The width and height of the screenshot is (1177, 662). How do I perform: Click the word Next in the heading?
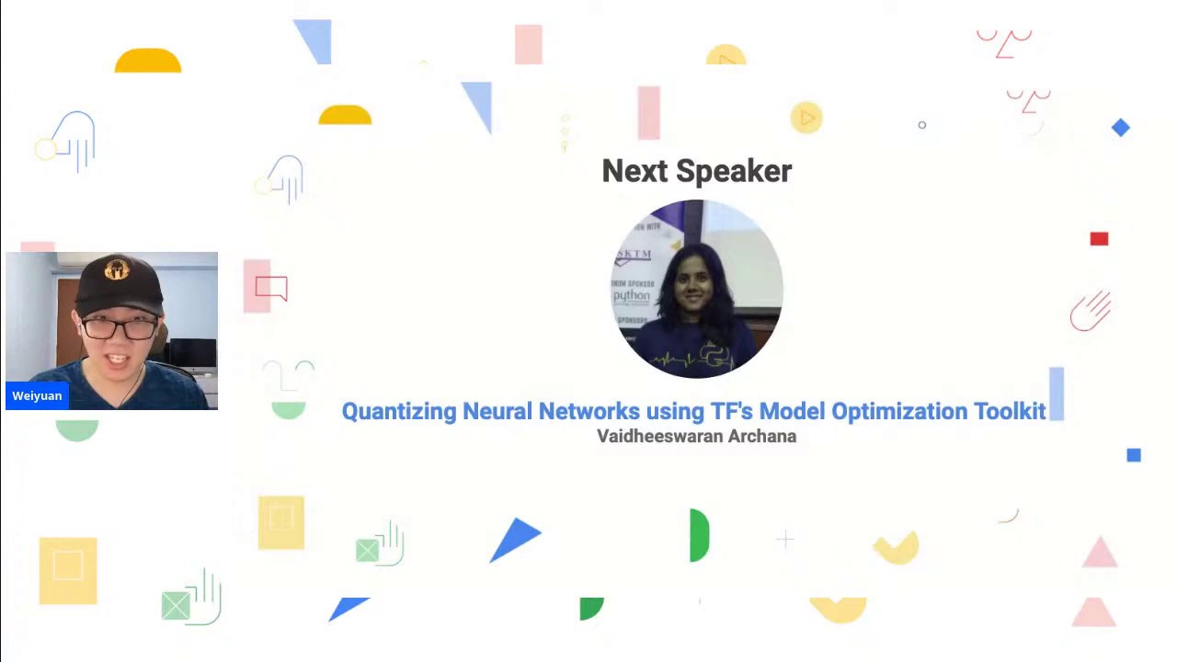(x=634, y=171)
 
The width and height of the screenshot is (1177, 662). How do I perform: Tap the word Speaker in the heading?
(x=733, y=172)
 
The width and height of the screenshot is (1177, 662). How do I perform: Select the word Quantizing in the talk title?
(x=399, y=411)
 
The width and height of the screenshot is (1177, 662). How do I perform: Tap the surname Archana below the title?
(x=761, y=436)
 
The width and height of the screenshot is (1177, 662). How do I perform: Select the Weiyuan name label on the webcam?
(x=37, y=396)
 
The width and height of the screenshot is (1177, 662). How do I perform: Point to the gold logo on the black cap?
(x=116, y=270)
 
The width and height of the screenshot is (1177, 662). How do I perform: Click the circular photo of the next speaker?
(x=696, y=289)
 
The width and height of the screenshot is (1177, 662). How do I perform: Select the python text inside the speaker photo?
(x=632, y=296)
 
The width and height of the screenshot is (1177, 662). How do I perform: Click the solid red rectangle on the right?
(x=1099, y=239)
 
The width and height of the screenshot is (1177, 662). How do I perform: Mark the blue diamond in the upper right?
(x=1120, y=128)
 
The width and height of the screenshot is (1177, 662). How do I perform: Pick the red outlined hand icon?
(x=1091, y=312)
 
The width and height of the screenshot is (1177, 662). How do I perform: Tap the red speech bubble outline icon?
(x=271, y=289)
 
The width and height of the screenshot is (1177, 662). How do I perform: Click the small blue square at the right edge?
(x=1134, y=455)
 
